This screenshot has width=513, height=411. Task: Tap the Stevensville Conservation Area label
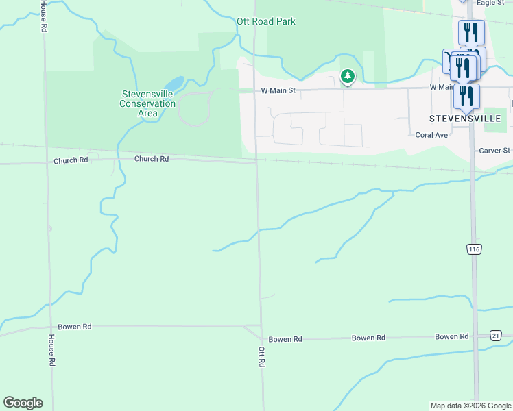(x=147, y=103)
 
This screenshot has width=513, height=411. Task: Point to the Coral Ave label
(x=431, y=135)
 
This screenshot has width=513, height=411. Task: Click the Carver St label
(x=494, y=150)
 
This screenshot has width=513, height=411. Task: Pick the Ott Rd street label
(x=261, y=356)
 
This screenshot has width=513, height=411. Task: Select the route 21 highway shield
(x=496, y=334)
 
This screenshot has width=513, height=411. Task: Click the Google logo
(x=23, y=403)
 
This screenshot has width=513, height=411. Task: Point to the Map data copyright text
(x=470, y=406)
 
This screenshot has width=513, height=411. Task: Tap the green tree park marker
(x=348, y=76)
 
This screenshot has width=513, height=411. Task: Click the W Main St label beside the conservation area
(x=277, y=90)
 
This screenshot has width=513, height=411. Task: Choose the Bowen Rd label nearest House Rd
(x=75, y=327)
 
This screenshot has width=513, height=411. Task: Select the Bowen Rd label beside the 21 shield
(x=451, y=336)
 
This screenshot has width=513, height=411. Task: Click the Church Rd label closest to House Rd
(x=71, y=160)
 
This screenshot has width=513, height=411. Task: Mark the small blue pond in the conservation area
(x=174, y=84)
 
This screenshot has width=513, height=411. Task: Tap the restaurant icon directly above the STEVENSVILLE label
(x=466, y=96)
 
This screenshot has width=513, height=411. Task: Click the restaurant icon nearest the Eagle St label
(x=471, y=32)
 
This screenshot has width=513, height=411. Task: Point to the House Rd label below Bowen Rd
(x=51, y=350)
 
